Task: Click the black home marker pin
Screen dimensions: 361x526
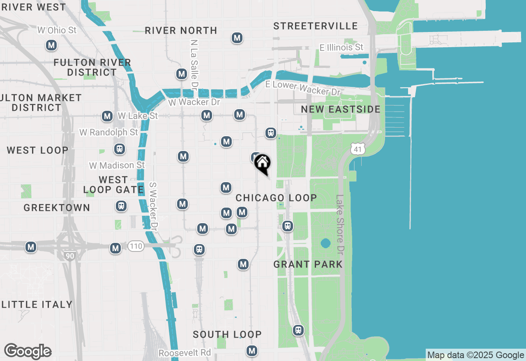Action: (262, 163)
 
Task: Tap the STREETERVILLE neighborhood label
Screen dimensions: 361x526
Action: (315, 26)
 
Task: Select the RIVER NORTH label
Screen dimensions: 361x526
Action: (181, 30)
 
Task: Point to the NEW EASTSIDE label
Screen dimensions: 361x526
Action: (341, 109)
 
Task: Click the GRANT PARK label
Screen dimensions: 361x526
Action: (308, 264)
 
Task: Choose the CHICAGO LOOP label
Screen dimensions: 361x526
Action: (276, 198)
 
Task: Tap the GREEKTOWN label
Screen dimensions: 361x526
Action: (57, 208)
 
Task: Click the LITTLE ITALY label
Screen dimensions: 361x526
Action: (37, 304)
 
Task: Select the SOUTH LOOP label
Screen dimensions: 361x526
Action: (227, 335)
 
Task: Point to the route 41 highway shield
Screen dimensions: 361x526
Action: (358, 149)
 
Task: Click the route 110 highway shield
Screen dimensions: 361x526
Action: (136, 246)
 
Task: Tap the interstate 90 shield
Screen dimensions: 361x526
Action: (70, 256)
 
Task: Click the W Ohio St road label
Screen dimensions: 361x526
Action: (57, 30)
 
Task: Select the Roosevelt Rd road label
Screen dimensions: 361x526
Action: (185, 353)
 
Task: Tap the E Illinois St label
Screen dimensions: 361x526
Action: (341, 47)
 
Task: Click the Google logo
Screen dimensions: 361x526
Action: (28, 351)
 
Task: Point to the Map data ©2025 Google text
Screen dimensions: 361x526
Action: (475, 355)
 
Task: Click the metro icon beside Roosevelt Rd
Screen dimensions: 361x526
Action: (252, 351)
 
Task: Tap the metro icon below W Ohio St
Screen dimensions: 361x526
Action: (51, 45)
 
